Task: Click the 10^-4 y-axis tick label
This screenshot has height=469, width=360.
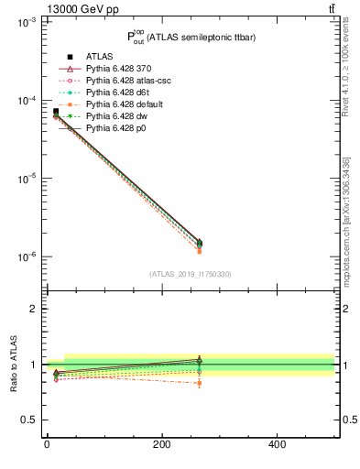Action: point(27,101)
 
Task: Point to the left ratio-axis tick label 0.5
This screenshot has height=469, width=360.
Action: point(28,420)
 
